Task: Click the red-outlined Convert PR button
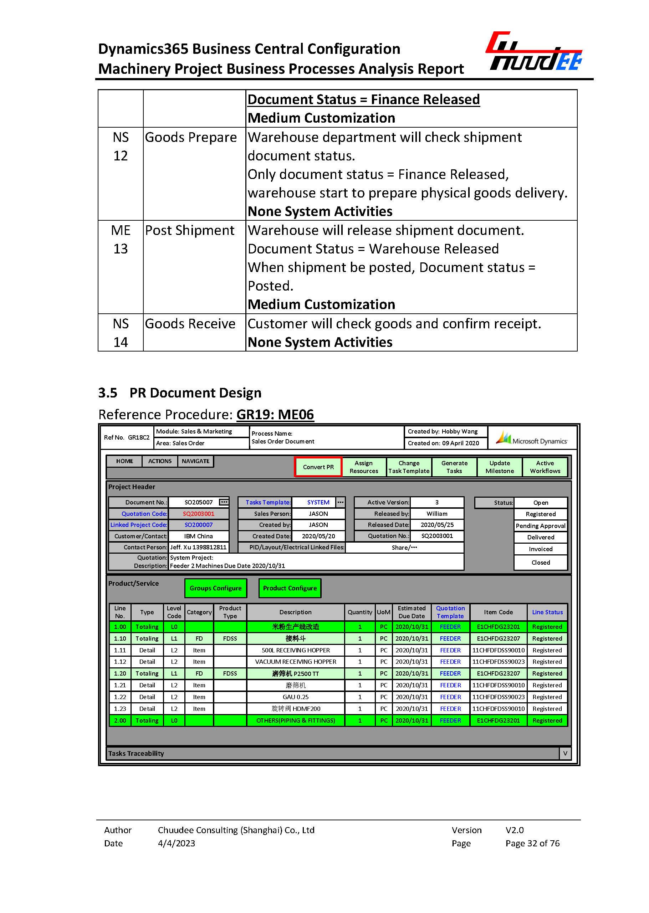318,467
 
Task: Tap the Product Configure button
290,588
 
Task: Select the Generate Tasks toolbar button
454,467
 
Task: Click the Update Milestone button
500,467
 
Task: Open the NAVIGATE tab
195,461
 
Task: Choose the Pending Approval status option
540,526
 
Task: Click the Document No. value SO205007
198,502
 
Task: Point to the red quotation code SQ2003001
198,514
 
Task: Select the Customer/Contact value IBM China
198,536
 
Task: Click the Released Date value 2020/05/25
437,525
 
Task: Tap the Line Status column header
547,612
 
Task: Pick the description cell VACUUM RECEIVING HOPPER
295,662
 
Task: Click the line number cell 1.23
120,709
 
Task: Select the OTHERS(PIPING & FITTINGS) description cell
295,720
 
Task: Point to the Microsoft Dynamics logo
532,439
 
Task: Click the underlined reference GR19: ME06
275,414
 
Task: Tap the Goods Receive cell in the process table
190,324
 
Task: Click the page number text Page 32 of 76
532,843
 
